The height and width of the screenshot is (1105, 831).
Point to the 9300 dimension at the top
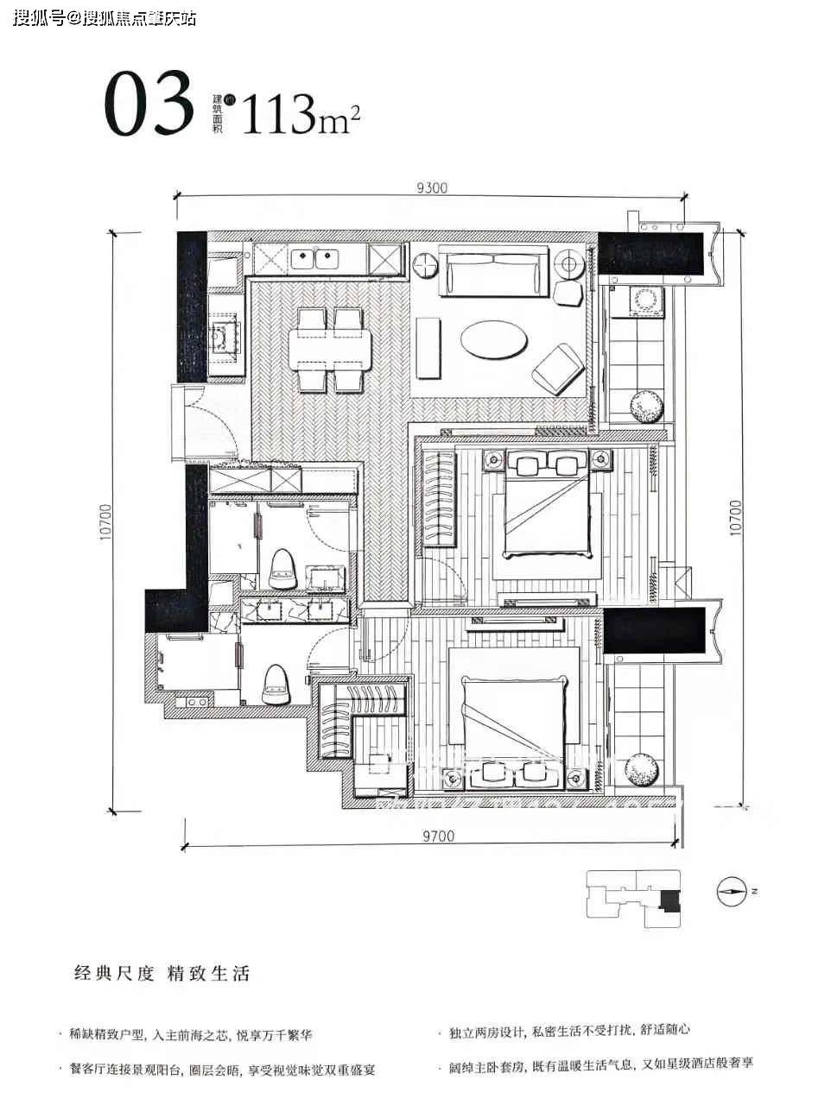431,187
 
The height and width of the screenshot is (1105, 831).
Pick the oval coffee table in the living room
493,338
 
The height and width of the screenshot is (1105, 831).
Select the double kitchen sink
314,256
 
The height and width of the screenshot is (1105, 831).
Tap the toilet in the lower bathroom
276,682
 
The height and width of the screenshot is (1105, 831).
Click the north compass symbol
731,890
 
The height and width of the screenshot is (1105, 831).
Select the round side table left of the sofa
426,266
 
